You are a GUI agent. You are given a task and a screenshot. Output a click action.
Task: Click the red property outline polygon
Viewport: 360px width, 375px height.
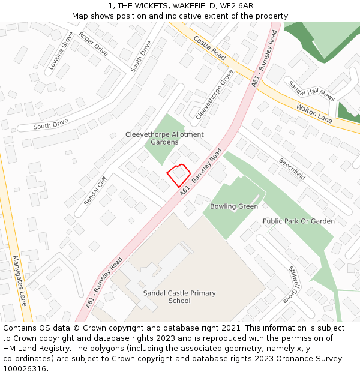[178, 175]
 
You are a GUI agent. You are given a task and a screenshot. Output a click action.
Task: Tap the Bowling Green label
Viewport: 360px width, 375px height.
[234, 206]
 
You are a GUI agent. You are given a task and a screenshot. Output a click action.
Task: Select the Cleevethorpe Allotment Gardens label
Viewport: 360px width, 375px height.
[164, 139]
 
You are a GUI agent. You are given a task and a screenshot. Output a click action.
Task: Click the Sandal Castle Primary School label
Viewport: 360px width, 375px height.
[179, 297]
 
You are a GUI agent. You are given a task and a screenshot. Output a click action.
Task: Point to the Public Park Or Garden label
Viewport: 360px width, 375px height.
[299, 221]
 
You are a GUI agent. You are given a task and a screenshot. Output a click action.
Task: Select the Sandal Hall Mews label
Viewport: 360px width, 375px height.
[310, 92]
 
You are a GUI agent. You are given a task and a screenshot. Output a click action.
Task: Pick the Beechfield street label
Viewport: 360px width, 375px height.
[292, 169]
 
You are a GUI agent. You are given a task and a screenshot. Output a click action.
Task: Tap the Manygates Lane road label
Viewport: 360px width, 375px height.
[20, 280]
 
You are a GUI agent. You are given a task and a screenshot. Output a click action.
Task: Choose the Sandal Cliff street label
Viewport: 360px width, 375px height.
[95, 191]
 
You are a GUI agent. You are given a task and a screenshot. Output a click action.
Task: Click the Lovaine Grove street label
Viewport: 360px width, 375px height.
[61, 51]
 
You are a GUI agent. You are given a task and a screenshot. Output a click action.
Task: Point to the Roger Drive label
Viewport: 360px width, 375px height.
[93, 44]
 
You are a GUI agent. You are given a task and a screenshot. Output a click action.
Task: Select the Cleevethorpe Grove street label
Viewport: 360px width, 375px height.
[214, 93]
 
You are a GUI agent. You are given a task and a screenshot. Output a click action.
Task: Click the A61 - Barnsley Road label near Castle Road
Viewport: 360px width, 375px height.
[265, 59]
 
